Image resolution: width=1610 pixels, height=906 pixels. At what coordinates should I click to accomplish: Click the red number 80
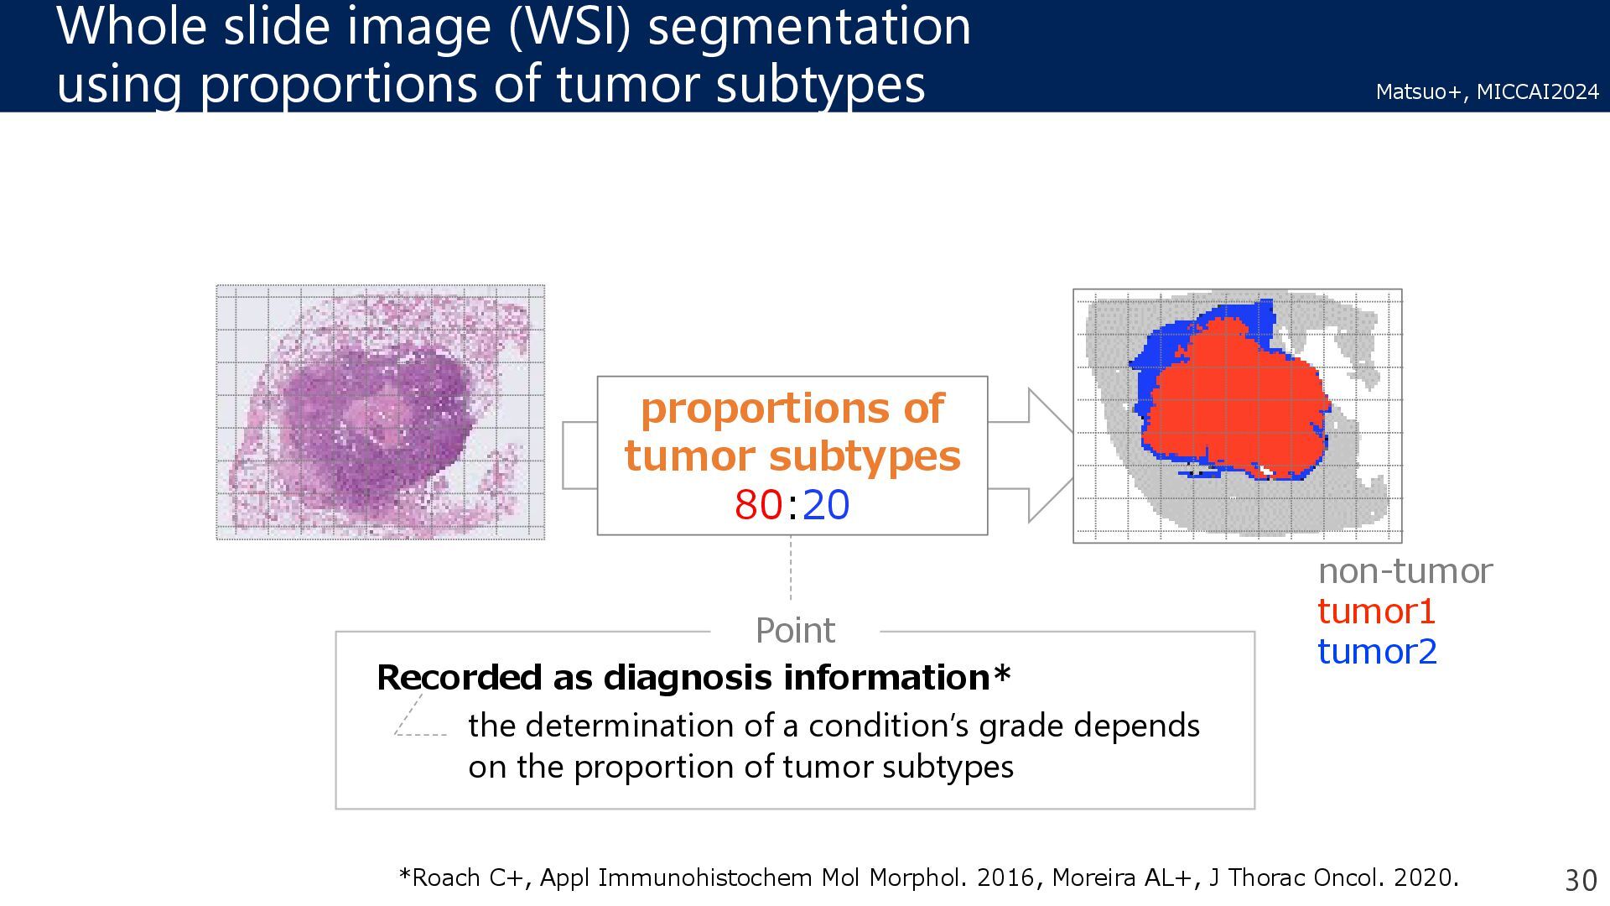[x=759, y=505]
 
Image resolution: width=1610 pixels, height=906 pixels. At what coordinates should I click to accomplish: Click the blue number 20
[x=826, y=505]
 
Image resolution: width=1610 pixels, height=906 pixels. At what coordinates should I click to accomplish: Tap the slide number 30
[x=1581, y=880]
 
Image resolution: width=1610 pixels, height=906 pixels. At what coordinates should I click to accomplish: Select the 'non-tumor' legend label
[x=1405, y=571]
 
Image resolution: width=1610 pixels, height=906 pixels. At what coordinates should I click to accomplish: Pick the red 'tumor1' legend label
[x=1376, y=612]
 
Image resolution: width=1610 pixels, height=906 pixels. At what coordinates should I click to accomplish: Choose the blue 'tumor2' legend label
[x=1377, y=652]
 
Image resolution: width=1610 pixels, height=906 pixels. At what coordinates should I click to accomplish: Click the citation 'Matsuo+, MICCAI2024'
[x=1487, y=91]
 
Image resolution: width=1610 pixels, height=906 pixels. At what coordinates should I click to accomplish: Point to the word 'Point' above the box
[x=795, y=631]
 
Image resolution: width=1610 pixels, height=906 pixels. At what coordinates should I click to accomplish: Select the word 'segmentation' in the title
[x=809, y=27]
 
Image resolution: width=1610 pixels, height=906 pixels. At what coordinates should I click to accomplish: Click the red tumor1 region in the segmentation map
[x=1233, y=403]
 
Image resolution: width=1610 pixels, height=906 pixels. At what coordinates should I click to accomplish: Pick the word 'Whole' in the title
[x=132, y=27]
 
